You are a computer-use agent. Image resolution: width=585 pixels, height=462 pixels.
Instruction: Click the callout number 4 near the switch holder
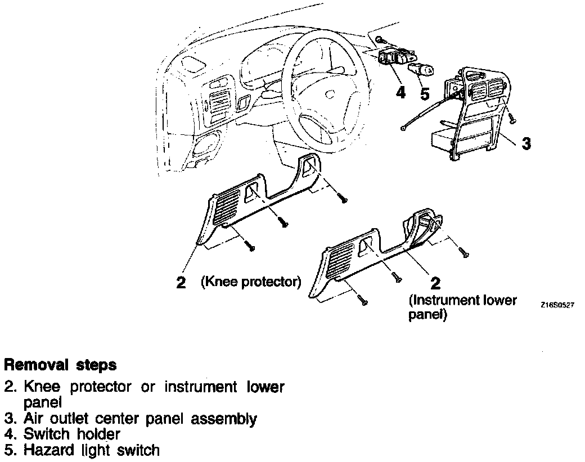coord(400,92)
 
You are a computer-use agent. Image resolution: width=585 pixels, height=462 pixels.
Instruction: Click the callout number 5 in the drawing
coord(425,93)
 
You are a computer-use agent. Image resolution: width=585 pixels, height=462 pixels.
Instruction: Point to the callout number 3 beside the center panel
coord(526,144)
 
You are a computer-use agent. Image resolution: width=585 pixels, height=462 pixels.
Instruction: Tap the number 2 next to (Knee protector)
coord(181,282)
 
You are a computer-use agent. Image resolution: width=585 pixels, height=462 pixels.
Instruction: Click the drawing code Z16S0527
coord(557,305)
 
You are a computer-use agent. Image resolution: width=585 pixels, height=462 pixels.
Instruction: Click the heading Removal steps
coord(61,365)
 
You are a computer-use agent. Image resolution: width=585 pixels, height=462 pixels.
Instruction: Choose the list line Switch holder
coord(71,434)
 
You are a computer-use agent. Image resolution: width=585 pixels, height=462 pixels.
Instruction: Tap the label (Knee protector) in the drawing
coord(251,282)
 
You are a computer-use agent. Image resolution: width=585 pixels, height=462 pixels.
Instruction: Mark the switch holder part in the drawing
coord(395,57)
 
